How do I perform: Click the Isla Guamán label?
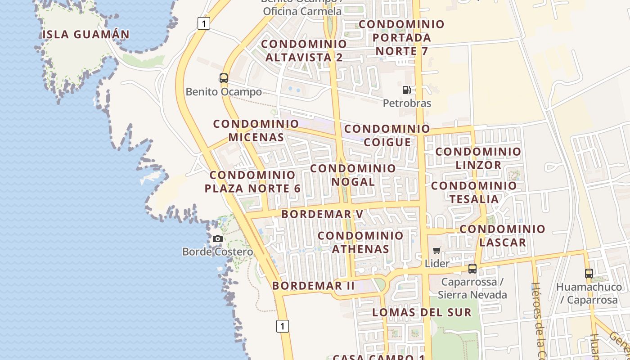86,34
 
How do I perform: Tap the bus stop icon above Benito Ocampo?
224,78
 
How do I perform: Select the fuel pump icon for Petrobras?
406,90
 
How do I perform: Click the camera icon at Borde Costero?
218,238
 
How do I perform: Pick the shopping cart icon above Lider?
436,250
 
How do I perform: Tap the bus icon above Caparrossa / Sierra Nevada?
472,269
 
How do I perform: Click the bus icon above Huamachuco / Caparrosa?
589,273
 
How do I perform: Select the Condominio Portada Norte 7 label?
401,38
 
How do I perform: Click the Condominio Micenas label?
256,130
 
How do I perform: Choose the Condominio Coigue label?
387,135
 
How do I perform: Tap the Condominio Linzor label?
478,158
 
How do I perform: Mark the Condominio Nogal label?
353,175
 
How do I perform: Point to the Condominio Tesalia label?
474,192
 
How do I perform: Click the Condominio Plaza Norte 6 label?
252,182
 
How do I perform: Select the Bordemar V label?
322,214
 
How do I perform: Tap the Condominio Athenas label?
360,242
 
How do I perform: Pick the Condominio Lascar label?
502,236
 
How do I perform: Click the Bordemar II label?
313,286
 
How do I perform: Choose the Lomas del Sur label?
422,312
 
